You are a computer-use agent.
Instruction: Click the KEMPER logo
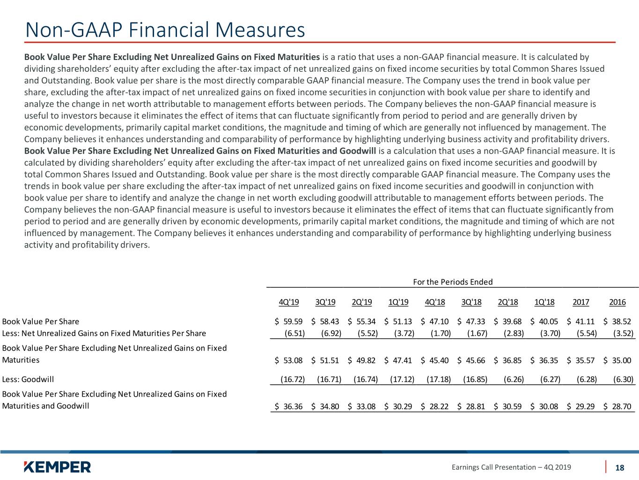click(58, 467)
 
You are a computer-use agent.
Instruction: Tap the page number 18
click(619, 468)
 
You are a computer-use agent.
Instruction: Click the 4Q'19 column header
click(289, 302)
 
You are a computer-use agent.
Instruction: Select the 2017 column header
click(581, 302)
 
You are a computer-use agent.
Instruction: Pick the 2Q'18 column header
click(508, 302)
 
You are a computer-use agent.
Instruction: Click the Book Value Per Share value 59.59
click(293, 322)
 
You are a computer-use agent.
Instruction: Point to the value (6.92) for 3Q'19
click(331, 333)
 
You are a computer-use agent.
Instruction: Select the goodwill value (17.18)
click(439, 379)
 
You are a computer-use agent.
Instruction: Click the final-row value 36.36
click(293, 406)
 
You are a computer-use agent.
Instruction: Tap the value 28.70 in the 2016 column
click(622, 406)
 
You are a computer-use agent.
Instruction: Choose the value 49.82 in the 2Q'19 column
click(366, 360)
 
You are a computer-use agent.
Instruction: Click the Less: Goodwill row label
click(28, 379)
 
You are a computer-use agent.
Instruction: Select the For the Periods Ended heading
click(453, 282)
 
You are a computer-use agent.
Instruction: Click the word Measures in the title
click(260, 30)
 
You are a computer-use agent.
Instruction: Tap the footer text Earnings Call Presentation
click(494, 467)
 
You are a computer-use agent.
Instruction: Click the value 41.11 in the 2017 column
click(585, 322)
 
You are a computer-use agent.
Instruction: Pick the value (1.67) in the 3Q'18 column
click(477, 333)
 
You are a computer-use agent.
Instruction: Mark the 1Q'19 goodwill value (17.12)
click(402, 379)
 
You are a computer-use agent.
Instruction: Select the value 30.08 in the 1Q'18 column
click(549, 406)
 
